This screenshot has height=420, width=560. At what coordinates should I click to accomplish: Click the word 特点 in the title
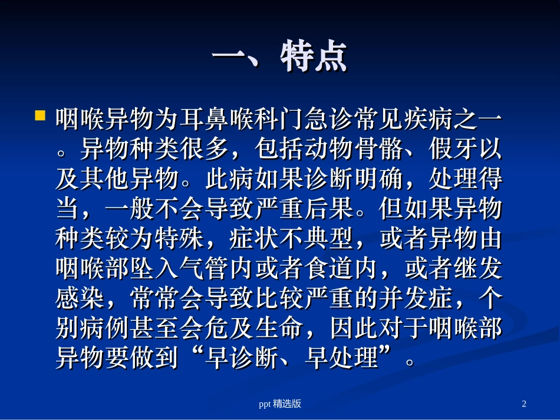(x=314, y=57)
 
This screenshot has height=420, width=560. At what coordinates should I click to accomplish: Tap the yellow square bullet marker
(x=40, y=114)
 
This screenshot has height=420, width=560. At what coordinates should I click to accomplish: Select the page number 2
(x=524, y=404)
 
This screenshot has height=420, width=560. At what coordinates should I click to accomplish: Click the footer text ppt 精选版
(x=281, y=404)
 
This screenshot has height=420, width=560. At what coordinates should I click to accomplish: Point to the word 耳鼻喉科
(x=216, y=120)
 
